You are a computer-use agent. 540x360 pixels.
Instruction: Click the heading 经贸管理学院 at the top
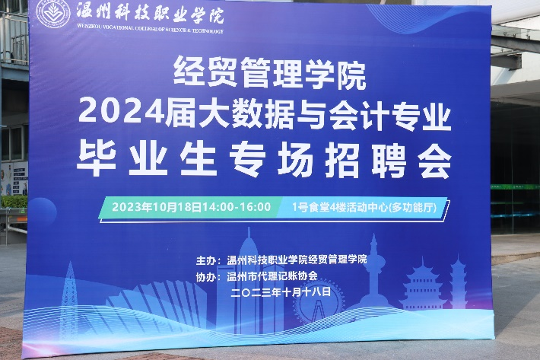269,72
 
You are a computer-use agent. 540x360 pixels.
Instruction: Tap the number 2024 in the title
121,110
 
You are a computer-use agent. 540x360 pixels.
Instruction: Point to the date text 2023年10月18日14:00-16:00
191,207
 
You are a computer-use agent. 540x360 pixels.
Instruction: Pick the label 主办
205,260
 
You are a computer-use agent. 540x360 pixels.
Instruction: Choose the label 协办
205,277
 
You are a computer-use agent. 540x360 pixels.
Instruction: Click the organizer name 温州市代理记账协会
272,276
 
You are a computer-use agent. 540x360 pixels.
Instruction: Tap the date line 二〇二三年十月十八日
281,292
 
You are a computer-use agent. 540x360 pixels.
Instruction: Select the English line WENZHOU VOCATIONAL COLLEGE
150,29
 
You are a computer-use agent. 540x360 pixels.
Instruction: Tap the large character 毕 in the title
97,159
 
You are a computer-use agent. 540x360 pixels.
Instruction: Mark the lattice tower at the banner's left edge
69,300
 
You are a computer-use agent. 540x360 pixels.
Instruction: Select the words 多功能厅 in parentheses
412,207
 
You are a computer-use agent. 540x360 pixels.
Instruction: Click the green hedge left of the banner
14,202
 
